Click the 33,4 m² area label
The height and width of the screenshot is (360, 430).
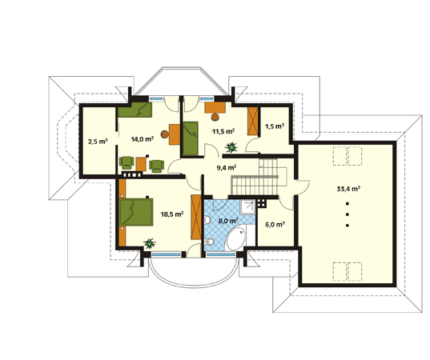coord(348,189)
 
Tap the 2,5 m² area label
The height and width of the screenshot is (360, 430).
coord(98,142)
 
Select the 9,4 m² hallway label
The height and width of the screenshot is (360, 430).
coord(227,168)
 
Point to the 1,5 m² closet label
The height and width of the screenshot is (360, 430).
coord(275,126)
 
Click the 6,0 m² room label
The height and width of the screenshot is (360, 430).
coord(275,224)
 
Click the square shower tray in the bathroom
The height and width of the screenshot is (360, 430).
coord(247,207)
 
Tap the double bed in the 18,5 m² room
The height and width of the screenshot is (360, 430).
coord(136,212)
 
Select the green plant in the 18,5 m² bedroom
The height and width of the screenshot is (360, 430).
coord(150,243)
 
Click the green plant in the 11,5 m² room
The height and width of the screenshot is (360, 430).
coord(231,147)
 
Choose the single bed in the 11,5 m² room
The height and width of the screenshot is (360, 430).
coord(191,138)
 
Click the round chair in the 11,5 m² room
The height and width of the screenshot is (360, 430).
coord(215,117)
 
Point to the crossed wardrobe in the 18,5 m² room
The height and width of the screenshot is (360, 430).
coord(196,217)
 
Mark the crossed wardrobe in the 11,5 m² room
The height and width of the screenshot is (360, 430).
coord(253,121)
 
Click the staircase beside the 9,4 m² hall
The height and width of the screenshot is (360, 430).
coord(255,177)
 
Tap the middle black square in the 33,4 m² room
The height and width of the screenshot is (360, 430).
coord(348,214)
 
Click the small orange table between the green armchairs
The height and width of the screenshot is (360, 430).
coord(141,164)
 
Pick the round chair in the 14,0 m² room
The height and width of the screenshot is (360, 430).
coord(164,134)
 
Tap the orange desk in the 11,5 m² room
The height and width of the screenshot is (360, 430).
coord(215,107)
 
